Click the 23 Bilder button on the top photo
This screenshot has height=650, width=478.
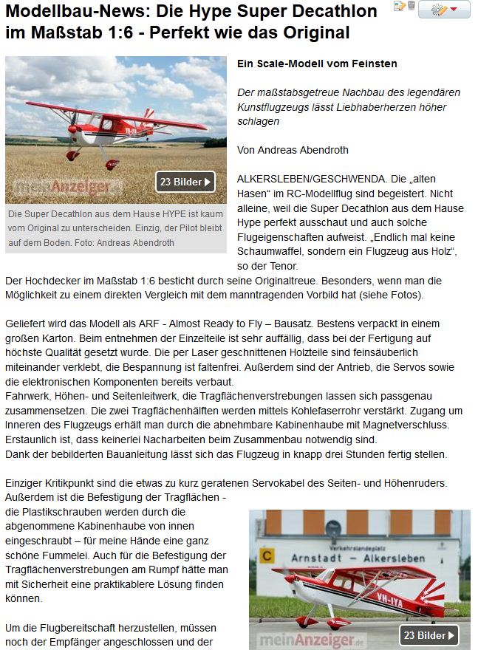(x=185, y=181)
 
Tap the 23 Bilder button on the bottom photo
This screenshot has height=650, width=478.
(x=429, y=634)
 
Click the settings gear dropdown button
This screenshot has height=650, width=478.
(x=443, y=9)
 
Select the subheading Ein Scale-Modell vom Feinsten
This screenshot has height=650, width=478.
(x=317, y=64)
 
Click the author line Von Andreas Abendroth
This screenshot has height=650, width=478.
(x=293, y=150)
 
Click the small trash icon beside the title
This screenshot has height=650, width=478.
(x=411, y=7)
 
